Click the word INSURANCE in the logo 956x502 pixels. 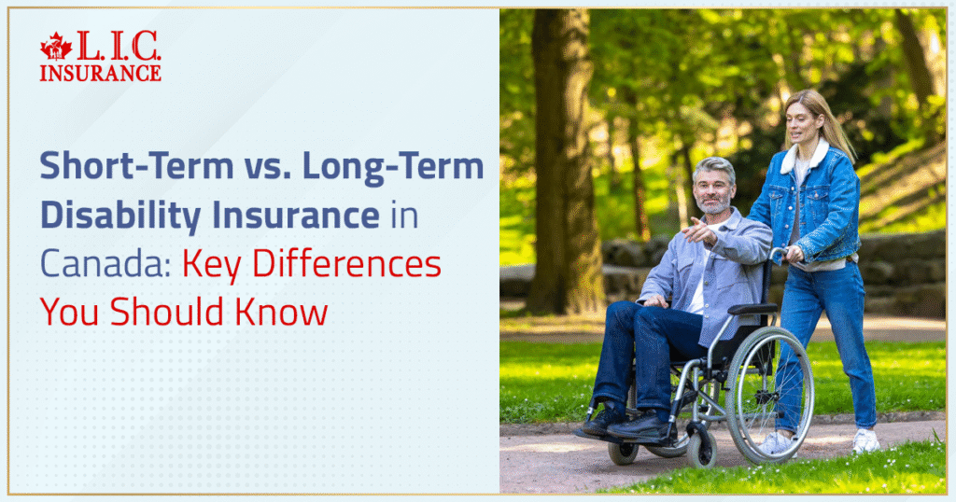pyautogui.click(x=100, y=73)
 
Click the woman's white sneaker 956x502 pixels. pyautogui.click(x=865, y=440)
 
